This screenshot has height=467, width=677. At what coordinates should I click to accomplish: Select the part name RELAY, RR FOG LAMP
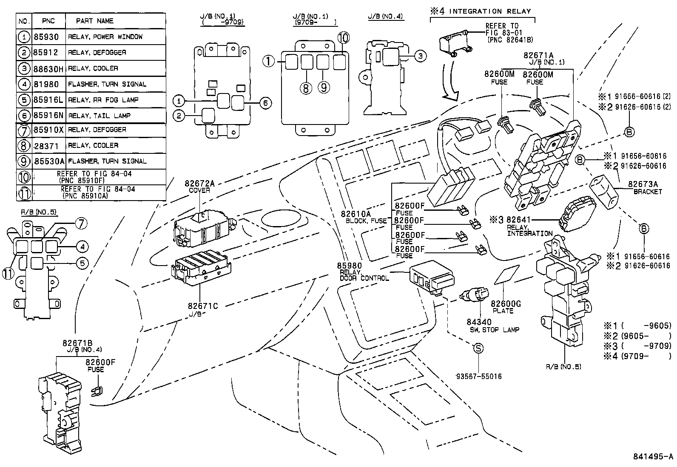point(103,100)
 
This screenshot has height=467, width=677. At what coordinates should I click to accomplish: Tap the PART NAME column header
point(94,21)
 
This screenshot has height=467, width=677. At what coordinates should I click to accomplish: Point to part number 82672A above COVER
point(199,184)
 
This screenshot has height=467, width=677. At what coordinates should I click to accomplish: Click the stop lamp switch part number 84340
point(479,323)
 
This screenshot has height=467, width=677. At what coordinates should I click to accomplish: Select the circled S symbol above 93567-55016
point(478,349)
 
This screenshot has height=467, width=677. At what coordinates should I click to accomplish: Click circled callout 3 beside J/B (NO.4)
point(420,56)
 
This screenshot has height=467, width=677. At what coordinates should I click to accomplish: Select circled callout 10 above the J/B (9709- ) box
point(344,38)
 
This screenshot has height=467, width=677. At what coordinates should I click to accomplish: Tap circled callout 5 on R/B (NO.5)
point(82,263)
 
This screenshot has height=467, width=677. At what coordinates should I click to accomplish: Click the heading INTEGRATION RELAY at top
point(490,11)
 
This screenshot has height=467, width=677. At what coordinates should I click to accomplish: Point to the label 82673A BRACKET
point(644,187)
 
